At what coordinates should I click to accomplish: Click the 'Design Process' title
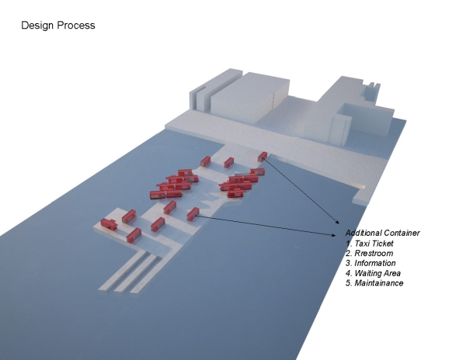click(58, 26)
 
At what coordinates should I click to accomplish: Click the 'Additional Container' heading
click(382, 233)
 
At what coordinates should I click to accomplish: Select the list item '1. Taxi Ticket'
click(370, 244)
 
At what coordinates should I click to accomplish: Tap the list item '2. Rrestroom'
click(370, 253)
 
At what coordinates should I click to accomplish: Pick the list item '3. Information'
click(370, 263)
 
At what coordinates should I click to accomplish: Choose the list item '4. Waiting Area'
click(374, 273)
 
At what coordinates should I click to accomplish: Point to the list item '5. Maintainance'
click(374, 283)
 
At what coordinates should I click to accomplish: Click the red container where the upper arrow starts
click(263, 157)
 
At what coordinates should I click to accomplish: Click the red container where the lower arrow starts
click(193, 214)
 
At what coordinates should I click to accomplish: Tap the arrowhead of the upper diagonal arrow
click(337, 222)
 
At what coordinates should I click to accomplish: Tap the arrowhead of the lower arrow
click(333, 235)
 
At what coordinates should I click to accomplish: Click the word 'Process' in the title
click(76, 26)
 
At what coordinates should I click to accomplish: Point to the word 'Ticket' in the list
click(381, 244)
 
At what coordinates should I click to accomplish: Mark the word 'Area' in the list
click(391, 273)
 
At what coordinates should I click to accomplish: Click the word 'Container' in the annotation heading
click(402, 233)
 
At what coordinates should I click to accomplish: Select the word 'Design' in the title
click(38, 26)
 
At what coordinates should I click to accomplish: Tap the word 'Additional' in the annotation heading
click(363, 233)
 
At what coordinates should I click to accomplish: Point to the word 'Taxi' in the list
click(361, 244)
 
